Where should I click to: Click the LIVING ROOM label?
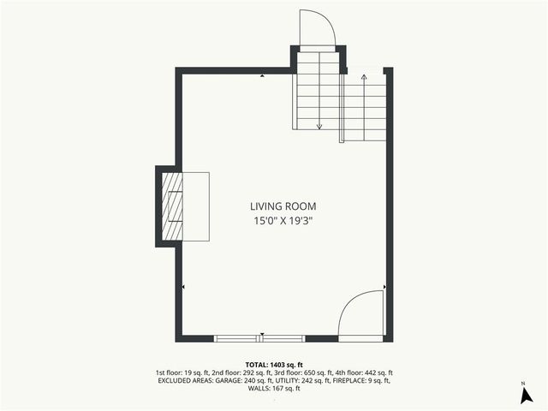(x=283, y=206)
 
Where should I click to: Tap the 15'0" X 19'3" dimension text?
(x=283, y=221)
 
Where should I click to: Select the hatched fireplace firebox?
(x=173, y=206)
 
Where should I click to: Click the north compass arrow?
(x=523, y=395)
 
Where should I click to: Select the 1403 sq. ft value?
(x=288, y=364)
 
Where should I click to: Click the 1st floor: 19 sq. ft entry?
(x=181, y=372)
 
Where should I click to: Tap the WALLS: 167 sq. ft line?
(x=273, y=389)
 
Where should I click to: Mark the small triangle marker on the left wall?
(x=184, y=287)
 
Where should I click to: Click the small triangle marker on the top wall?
(x=262, y=76)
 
